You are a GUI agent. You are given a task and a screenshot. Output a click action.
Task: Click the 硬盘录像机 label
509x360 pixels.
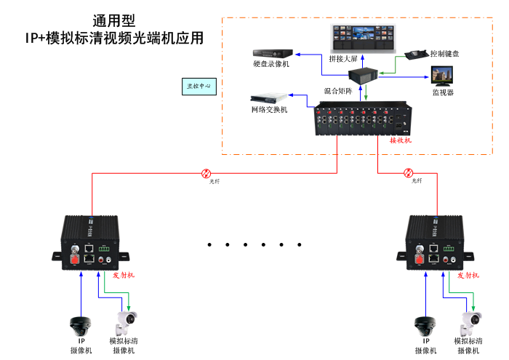(x=271, y=65)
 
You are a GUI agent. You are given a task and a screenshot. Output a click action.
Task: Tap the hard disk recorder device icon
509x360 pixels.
(x=272, y=52)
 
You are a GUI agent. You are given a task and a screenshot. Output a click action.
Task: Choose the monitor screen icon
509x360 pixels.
(x=443, y=76)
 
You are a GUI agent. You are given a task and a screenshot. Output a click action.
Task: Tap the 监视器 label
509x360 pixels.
(x=443, y=92)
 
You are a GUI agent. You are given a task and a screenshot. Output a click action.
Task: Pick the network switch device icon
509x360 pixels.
(x=266, y=97)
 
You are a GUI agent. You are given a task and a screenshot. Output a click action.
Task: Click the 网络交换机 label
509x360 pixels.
(x=269, y=109)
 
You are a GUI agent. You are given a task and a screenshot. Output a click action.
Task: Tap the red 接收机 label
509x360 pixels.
(x=401, y=140)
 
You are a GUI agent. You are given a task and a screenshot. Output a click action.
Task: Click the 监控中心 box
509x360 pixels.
(x=199, y=86)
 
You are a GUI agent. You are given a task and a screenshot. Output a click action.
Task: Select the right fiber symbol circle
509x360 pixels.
(x=408, y=173)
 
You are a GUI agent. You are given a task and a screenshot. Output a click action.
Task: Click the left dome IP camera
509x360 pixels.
(x=79, y=324)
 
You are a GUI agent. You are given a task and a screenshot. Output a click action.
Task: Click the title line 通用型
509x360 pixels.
(x=114, y=21)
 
